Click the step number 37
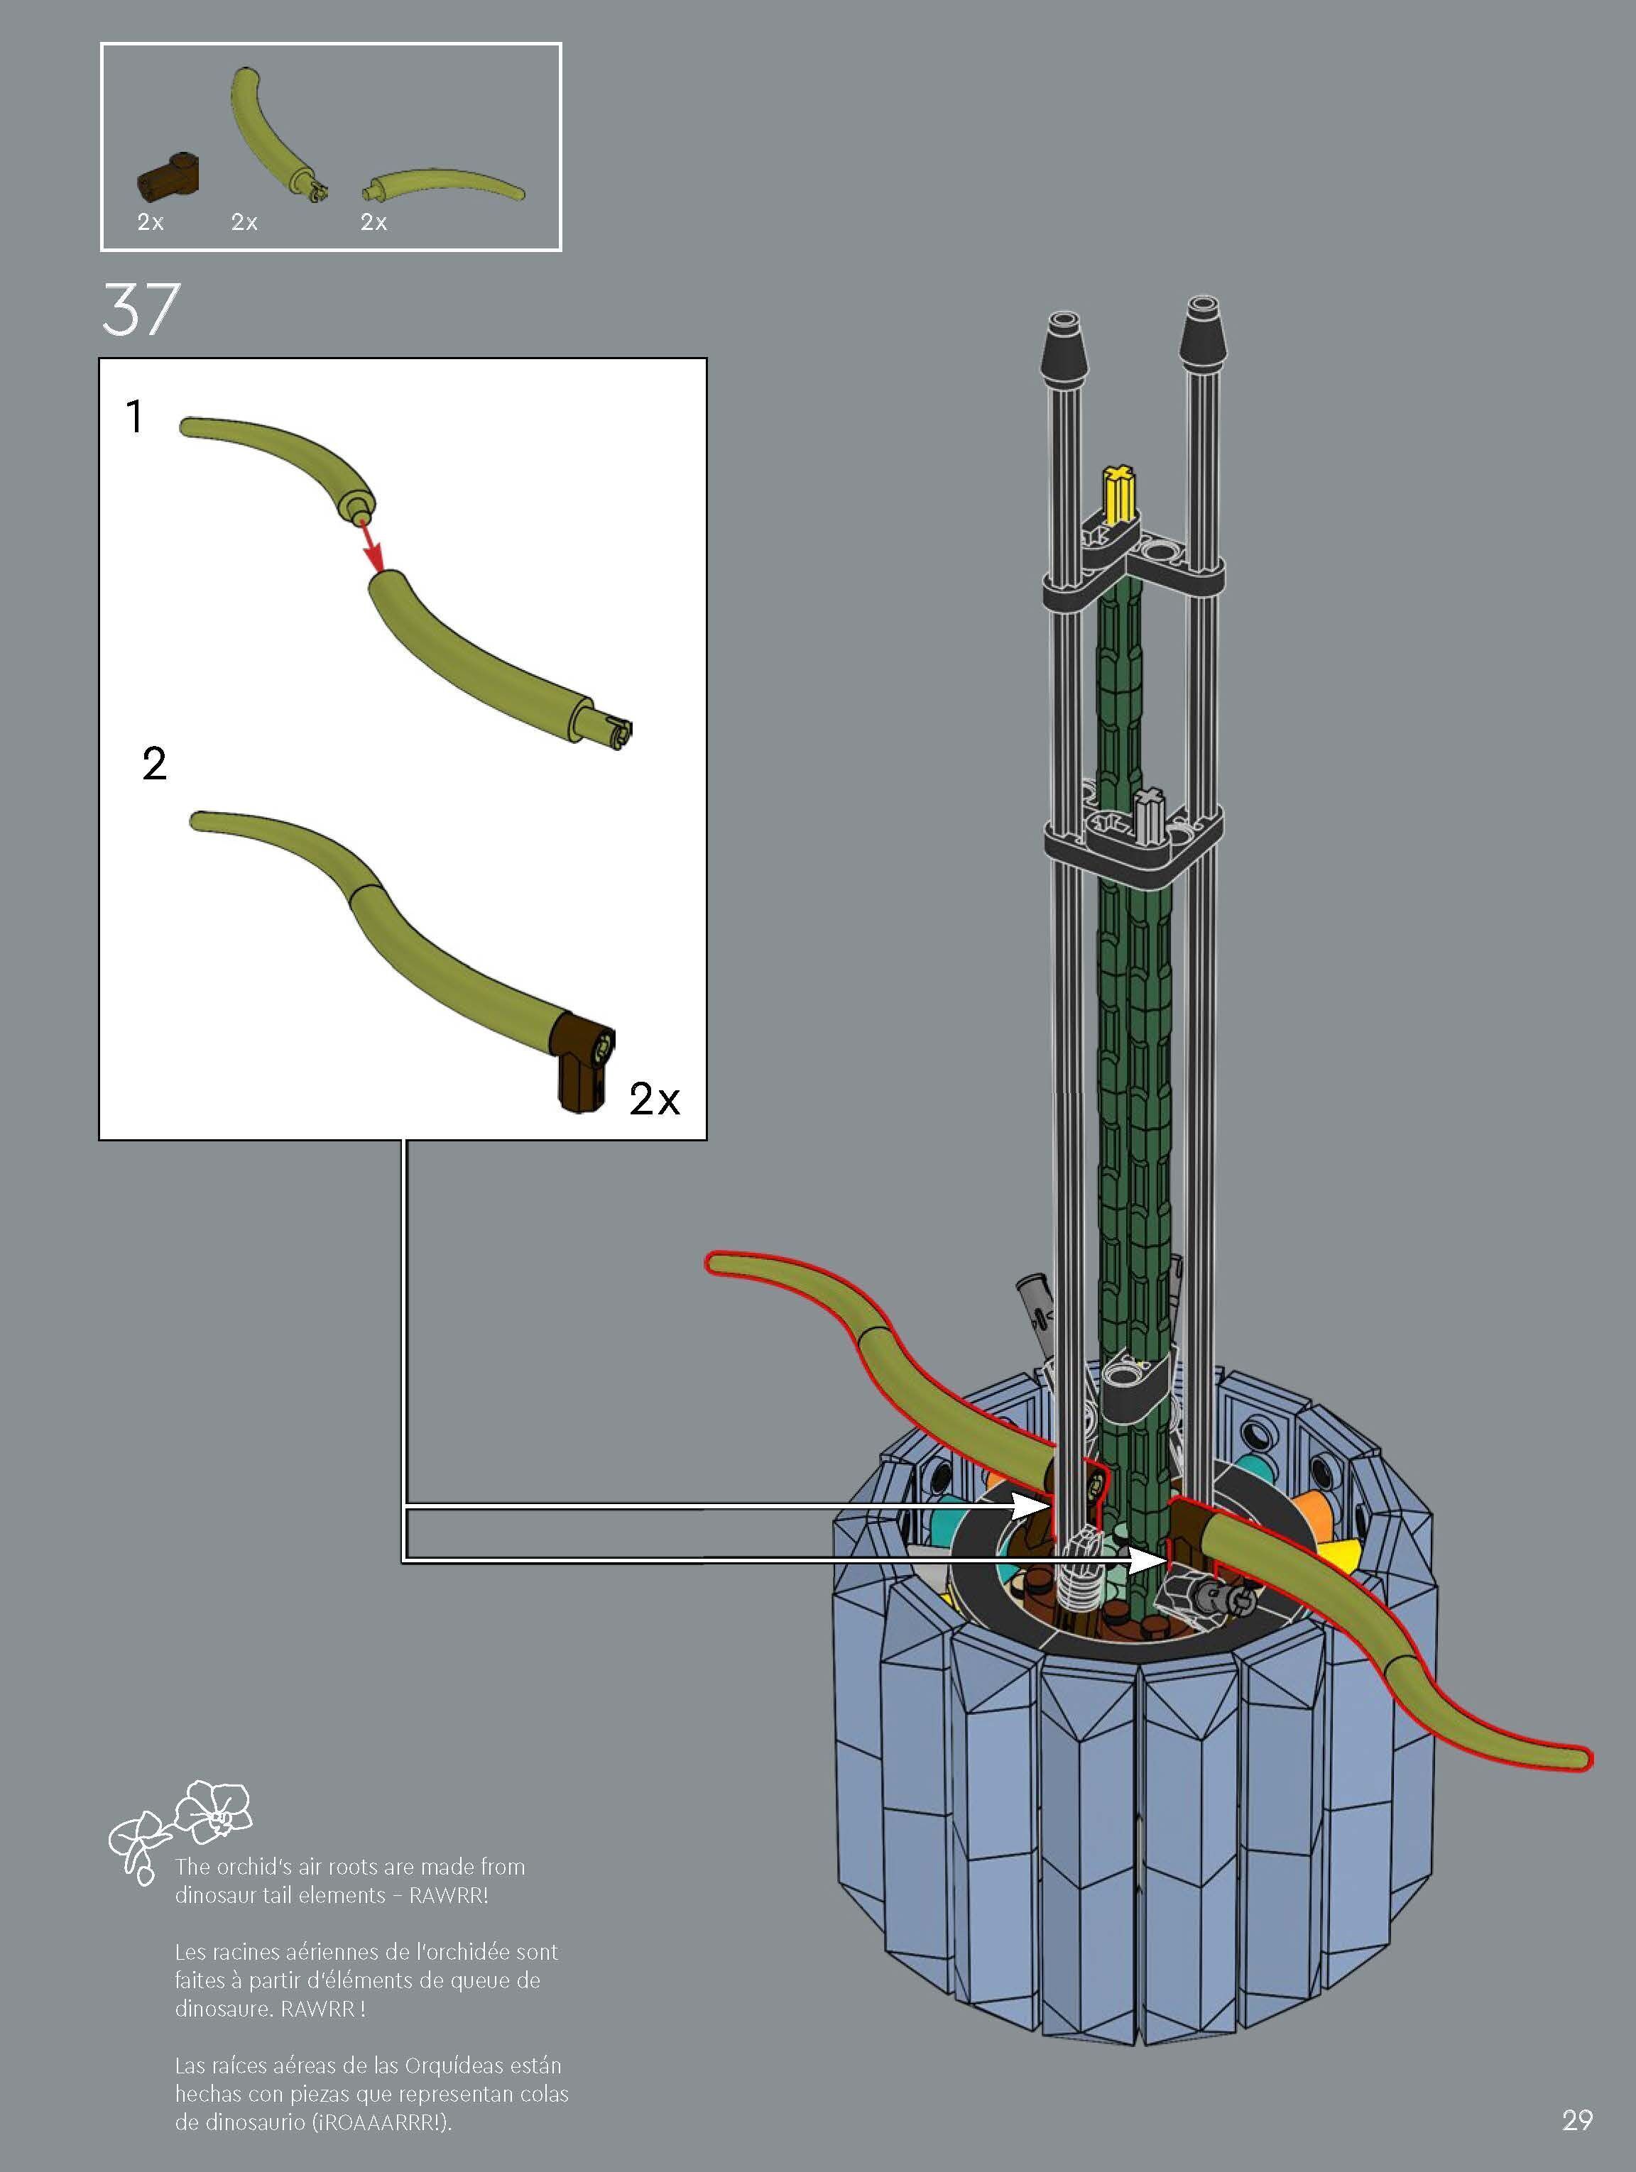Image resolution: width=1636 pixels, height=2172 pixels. pos(141,309)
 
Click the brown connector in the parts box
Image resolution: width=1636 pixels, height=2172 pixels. pos(168,176)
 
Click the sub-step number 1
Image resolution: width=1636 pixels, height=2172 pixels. pos(134,417)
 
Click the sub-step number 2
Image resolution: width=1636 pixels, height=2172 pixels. pos(154,763)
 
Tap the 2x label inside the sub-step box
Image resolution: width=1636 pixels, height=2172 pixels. pos(654,1099)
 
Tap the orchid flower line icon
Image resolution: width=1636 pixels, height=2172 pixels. pos(180,1829)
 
